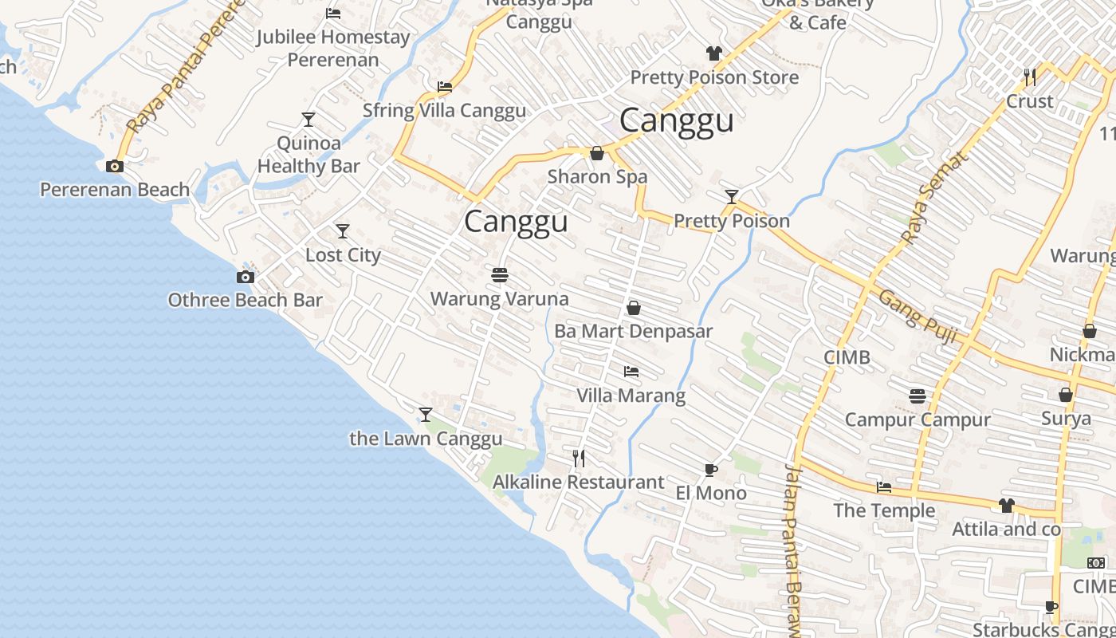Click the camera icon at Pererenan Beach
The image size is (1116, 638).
pos(115,166)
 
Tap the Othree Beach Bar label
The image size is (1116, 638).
pos(245,300)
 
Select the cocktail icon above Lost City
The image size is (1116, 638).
pos(343,231)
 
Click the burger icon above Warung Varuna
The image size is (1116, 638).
pos(500,275)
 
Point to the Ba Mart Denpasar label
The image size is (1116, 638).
pos(633,331)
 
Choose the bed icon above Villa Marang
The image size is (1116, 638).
pos(631,372)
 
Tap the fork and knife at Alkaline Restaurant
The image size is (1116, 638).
pos(580,459)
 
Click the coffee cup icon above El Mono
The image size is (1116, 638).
pos(710,470)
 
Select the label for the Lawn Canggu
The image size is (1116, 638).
pos(426,439)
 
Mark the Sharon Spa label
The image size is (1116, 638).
pos(597,176)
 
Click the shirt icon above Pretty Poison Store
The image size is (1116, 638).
pos(713,53)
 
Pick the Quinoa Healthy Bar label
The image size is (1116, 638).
pos(308,155)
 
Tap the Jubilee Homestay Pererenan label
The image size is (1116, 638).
pos(333,48)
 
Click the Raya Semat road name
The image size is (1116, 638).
pos(934,197)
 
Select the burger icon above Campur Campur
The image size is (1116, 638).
pos(918,396)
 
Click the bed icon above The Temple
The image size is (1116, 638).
pos(884,486)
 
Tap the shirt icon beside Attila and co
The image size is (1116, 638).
pos(1007,506)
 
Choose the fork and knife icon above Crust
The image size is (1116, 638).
pos(1030,77)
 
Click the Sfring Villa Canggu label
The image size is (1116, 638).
pos(444,110)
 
